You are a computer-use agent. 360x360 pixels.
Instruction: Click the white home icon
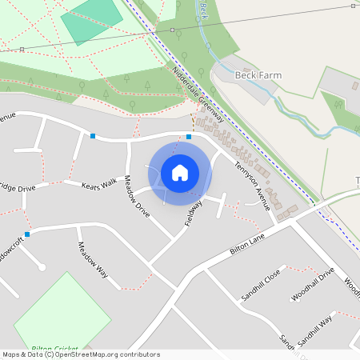point(180,172)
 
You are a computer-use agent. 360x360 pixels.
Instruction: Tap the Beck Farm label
point(258,74)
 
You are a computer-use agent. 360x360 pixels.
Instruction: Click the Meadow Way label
point(92,259)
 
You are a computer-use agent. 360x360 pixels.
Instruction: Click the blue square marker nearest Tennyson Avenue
point(189,137)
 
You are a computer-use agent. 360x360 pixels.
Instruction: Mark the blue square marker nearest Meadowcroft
point(27,234)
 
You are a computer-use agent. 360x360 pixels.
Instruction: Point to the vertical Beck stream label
point(205,10)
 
